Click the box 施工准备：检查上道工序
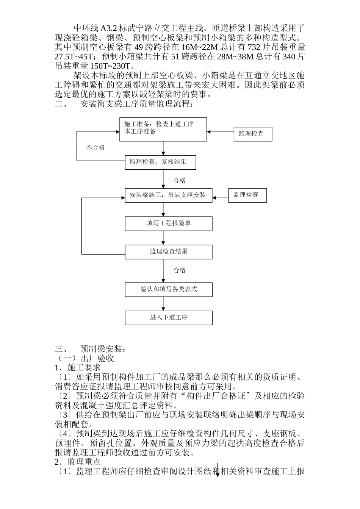click(163, 130)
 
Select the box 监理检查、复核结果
click(161, 162)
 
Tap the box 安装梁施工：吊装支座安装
click(168, 195)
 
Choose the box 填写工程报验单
click(168, 223)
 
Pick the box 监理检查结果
click(168, 251)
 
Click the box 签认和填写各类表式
click(168, 289)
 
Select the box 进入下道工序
click(168, 318)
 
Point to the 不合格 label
click(95, 148)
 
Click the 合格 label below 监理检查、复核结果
click(180, 181)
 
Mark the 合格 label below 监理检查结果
click(180, 270)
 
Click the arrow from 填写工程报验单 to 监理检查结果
click(163, 238)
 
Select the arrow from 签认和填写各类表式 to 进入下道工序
click(163, 304)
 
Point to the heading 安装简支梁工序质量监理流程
click(136, 104)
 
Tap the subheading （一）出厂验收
click(85, 358)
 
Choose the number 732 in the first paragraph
click(254, 47)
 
